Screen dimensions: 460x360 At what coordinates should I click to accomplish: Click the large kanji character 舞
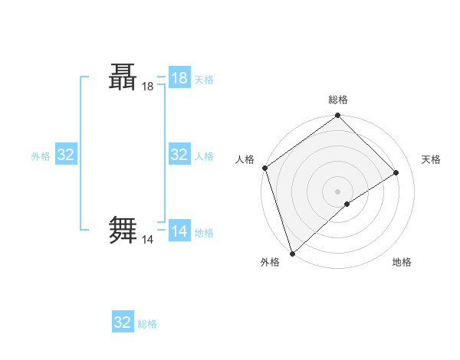coord(123,229)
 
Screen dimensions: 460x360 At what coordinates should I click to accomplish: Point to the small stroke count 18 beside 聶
coord(148,87)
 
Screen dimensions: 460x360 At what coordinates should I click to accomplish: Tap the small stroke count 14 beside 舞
coord(148,240)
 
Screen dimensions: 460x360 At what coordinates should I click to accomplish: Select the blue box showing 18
coord(179,77)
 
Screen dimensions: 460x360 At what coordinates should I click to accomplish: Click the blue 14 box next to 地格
coord(179,231)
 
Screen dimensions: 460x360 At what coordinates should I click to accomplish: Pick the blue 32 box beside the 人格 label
coord(179,155)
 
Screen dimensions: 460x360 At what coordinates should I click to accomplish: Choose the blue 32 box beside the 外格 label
coord(66,155)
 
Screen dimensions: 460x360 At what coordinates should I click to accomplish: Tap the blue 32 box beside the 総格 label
coord(123,322)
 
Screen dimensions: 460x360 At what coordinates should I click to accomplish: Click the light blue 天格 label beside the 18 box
coord(204,79)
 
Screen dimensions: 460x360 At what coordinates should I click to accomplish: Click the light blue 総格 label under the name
coord(147,324)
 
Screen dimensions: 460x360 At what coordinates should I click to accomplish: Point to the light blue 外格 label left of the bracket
coord(41,156)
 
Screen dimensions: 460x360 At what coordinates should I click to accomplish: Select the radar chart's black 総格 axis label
coord(338,100)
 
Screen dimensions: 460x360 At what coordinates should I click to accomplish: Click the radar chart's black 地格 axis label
coord(402,262)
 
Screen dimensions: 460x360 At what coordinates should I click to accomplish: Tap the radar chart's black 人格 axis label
coord(245,159)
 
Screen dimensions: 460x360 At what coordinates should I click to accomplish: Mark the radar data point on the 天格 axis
coord(396,172)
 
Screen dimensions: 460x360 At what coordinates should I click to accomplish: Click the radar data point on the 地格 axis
coord(347,204)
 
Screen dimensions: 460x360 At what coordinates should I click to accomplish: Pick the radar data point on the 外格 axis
coord(292,253)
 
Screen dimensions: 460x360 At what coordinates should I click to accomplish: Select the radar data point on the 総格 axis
coord(338,116)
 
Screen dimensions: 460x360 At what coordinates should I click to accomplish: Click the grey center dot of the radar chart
coord(337,191)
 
